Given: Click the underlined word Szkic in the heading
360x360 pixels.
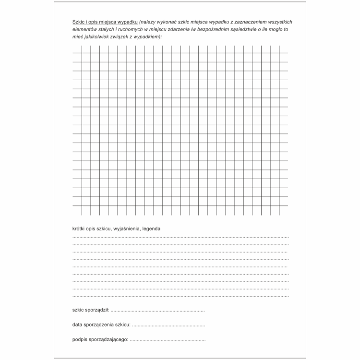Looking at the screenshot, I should [x=78, y=23].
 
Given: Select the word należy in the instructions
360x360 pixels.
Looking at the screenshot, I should [x=148, y=23].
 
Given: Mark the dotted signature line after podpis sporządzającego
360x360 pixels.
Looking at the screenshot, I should [x=168, y=341].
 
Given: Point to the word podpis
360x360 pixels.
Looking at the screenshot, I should [x=80, y=340].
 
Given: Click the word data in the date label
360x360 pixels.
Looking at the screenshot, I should [x=78, y=325].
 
